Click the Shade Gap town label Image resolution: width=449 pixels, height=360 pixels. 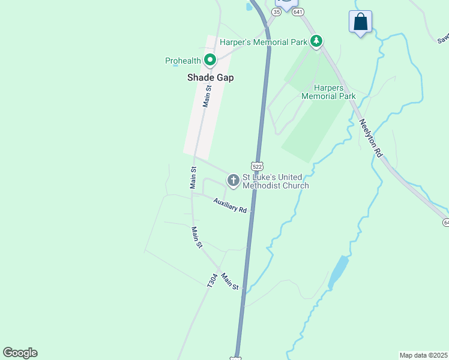pyautogui.click(x=210, y=77)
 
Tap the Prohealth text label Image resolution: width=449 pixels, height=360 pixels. pyautogui.click(x=183, y=60)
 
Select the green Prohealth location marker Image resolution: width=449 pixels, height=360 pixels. pyautogui.click(x=210, y=60)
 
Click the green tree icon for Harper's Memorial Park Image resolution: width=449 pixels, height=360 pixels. pyautogui.click(x=316, y=41)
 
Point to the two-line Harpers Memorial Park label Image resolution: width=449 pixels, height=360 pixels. pyautogui.click(x=328, y=92)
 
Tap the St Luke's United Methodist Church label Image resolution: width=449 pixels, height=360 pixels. pyautogui.click(x=275, y=181)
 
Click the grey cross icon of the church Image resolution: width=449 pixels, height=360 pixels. pyautogui.click(x=233, y=180)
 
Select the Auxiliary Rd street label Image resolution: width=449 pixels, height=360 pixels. pyautogui.click(x=231, y=206)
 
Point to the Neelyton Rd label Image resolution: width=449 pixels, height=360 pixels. pyautogui.click(x=370, y=137)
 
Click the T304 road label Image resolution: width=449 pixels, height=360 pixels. pyautogui.click(x=211, y=281)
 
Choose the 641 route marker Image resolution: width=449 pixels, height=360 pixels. pyautogui.click(x=299, y=11)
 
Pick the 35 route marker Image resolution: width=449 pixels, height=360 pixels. pyautogui.click(x=277, y=11)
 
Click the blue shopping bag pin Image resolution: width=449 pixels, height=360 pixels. pyautogui.click(x=360, y=22)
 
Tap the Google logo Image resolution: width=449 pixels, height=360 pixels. pyautogui.click(x=20, y=353)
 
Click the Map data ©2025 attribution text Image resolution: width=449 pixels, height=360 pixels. pyautogui.click(x=423, y=355)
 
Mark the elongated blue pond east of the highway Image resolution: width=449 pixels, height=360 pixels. pyautogui.click(x=339, y=272)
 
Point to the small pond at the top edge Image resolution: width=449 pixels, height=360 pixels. pyautogui.click(x=249, y=7)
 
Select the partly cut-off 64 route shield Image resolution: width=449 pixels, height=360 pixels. pyautogui.click(x=446, y=223)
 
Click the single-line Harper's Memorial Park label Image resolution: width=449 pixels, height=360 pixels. pyautogui.click(x=264, y=42)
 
